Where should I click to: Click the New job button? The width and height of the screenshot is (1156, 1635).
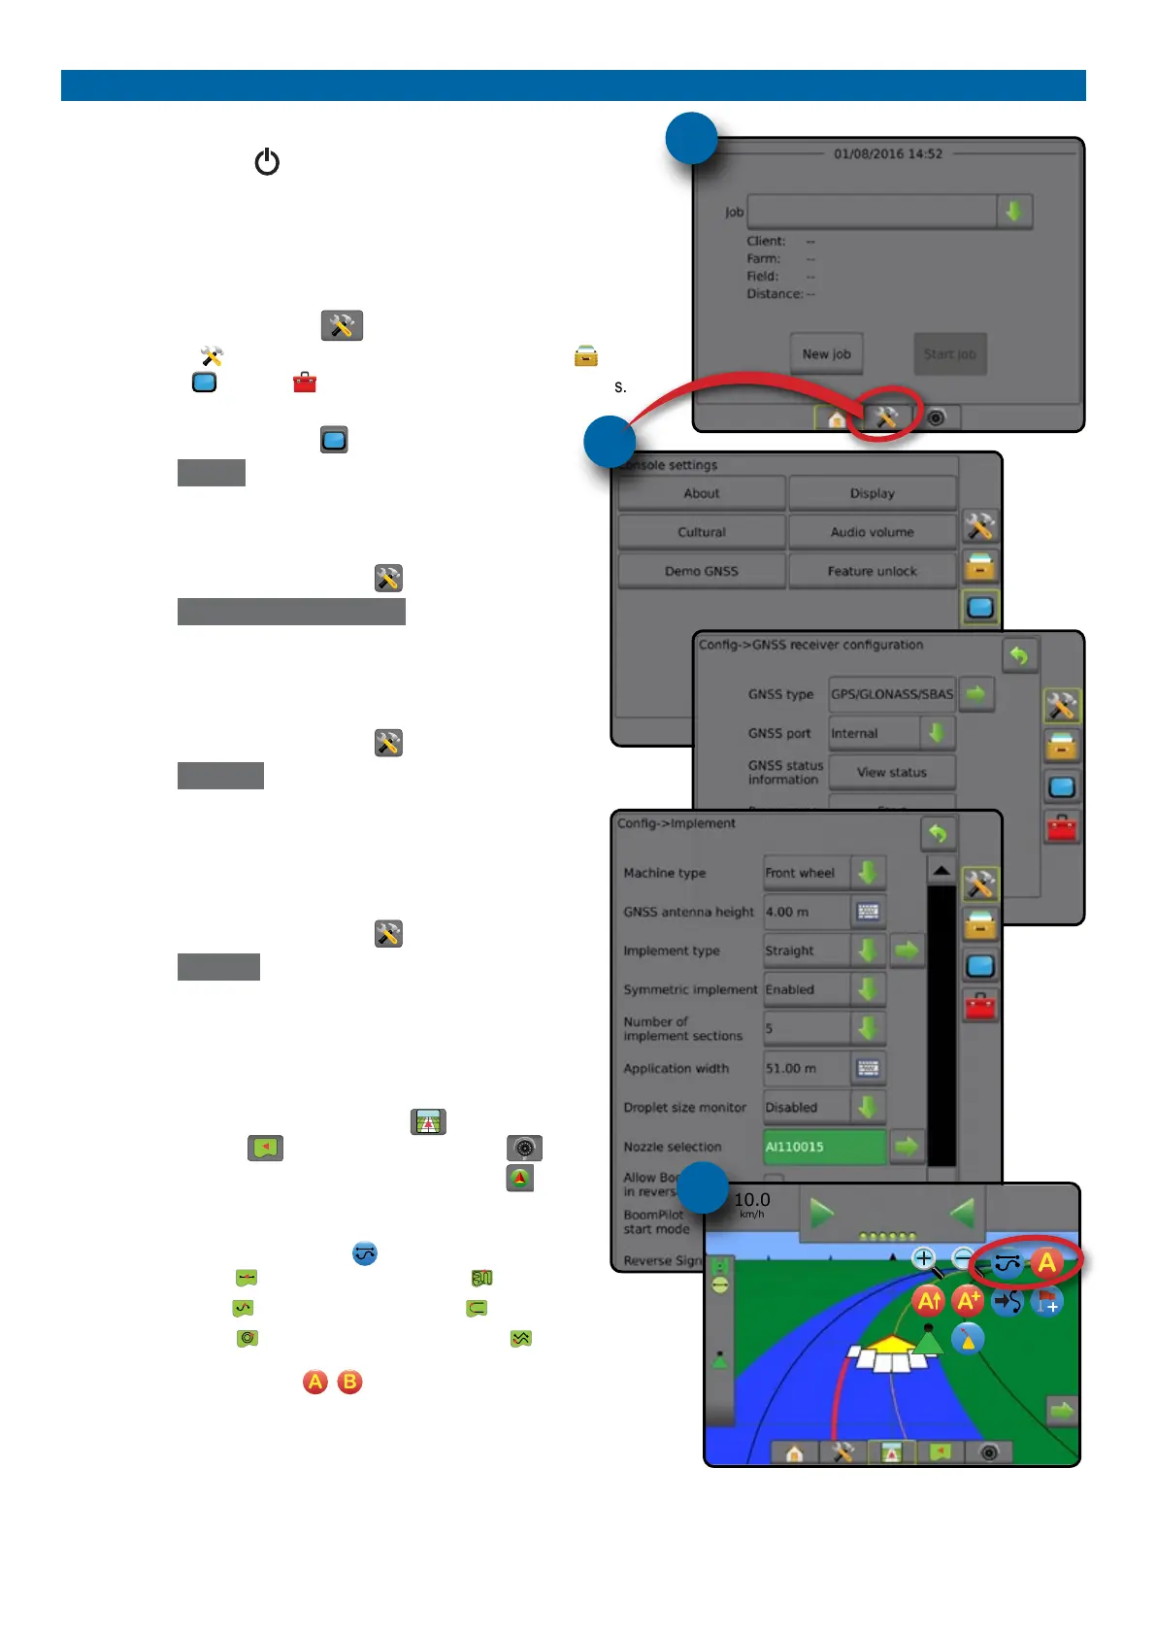(826, 354)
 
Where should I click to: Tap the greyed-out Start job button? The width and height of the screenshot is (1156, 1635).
(949, 354)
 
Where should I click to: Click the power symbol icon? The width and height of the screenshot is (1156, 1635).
(267, 162)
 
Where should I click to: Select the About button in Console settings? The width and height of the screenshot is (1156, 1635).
(701, 493)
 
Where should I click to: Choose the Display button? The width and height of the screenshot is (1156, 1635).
(872, 493)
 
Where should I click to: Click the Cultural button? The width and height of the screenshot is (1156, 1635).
(701, 532)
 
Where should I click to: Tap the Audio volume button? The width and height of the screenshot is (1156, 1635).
(872, 532)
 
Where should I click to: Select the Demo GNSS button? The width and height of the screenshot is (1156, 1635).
(701, 571)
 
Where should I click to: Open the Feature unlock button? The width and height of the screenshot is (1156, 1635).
(872, 571)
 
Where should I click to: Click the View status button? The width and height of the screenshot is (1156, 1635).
(891, 772)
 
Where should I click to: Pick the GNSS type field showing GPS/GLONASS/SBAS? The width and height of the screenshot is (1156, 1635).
(891, 694)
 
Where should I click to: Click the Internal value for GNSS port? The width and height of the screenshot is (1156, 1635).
(873, 733)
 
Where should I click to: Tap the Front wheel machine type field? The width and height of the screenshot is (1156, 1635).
(806, 873)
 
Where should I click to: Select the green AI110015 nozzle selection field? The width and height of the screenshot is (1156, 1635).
(824, 1147)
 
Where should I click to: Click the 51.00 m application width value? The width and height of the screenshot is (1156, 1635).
(806, 1068)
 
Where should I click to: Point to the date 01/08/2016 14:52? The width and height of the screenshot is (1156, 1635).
(887, 153)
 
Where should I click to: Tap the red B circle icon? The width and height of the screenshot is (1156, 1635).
(349, 1382)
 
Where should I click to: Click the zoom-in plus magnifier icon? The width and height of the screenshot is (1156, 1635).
(923, 1259)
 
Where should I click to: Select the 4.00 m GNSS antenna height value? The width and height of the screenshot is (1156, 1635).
(806, 912)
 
